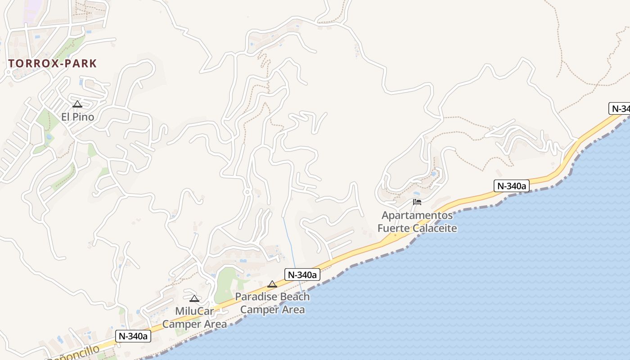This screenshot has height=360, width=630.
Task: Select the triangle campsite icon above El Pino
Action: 77,104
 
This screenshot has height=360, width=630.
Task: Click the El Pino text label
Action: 78,117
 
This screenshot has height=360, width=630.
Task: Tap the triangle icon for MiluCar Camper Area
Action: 194,298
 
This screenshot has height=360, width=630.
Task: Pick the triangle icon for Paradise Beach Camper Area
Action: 272,284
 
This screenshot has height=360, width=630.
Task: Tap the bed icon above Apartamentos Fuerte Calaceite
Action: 417,202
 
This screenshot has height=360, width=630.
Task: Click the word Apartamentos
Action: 417,216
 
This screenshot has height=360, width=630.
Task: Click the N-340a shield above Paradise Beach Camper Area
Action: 302,274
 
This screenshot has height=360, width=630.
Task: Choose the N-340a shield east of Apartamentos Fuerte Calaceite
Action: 511,185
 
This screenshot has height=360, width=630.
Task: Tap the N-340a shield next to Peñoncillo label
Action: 133,336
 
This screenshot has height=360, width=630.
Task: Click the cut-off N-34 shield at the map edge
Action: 620,108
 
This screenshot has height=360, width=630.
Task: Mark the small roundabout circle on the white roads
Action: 247,192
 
